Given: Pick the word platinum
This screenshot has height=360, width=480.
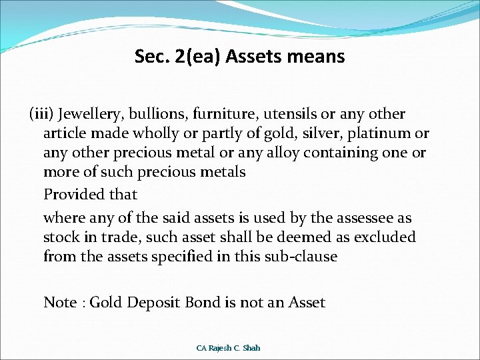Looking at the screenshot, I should tap(385, 133).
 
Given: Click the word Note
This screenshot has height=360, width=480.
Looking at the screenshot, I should tap(60, 303).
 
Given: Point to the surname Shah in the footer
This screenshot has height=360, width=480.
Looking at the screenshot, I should tap(252, 348).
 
